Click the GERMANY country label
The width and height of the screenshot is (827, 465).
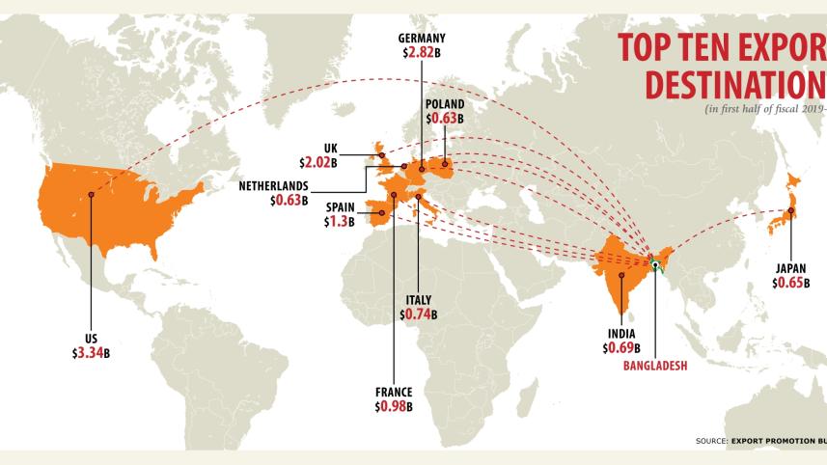(x=422, y=39)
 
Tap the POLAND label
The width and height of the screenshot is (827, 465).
(x=445, y=104)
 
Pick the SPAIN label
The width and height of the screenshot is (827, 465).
(x=340, y=206)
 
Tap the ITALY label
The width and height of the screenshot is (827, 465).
(x=418, y=299)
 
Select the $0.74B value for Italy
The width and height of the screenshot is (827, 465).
(x=418, y=315)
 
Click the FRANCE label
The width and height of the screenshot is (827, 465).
(x=394, y=392)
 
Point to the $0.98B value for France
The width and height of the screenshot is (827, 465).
(x=394, y=407)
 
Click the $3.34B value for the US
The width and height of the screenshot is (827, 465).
(x=91, y=353)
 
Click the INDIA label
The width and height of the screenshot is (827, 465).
(x=621, y=333)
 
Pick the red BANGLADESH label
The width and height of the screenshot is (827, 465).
(x=654, y=366)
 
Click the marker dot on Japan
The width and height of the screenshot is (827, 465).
(x=791, y=214)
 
